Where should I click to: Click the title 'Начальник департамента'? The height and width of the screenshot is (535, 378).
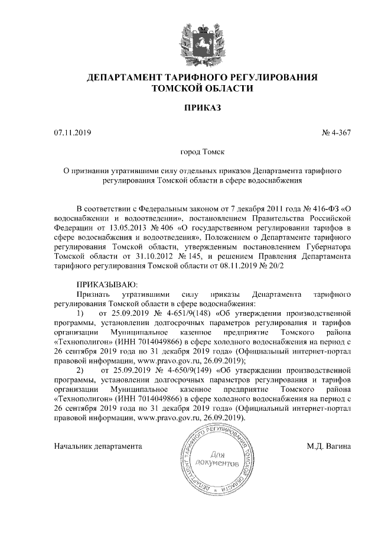point(98,445)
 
